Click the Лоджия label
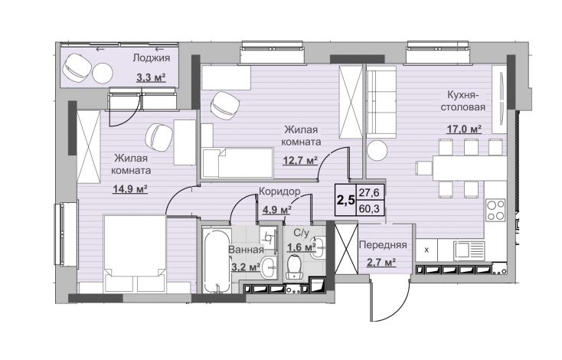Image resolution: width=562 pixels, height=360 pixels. click(152, 57)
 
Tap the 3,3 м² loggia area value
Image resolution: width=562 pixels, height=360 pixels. click(151, 77)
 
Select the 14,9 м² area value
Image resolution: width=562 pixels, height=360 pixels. click(130, 188)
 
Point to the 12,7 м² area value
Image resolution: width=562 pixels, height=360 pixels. click(300, 159)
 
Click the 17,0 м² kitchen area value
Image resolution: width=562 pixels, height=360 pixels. click(464, 129)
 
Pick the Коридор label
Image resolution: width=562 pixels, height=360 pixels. click(279, 191)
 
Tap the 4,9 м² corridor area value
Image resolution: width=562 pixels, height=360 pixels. click(276, 209)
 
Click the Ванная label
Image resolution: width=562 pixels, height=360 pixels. click(246, 250)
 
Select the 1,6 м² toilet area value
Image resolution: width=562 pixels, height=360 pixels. click(302, 247)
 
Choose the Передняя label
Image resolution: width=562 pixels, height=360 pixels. click(383, 245)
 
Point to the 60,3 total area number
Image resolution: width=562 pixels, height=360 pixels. click(370, 208)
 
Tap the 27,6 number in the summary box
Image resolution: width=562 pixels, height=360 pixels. click(370, 192)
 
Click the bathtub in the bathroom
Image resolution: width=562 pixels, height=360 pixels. click(216, 260)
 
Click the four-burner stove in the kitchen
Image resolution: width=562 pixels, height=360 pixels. click(495, 209)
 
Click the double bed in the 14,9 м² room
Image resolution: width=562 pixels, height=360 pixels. click(135, 253)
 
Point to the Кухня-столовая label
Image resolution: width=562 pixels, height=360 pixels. click(462, 101)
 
